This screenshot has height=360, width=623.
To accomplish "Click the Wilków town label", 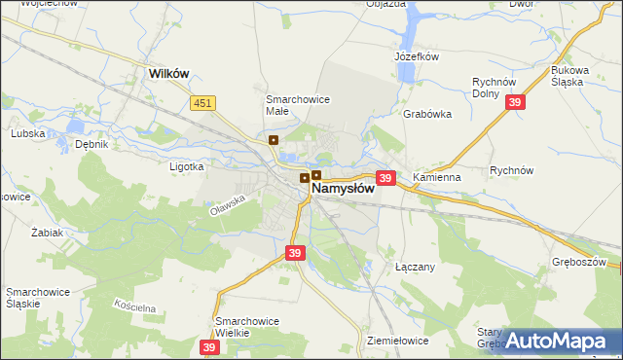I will click(x=167, y=72).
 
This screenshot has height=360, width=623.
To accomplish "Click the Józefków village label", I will click(x=418, y=56).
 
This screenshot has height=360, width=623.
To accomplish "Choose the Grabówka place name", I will click(x=427, y=113).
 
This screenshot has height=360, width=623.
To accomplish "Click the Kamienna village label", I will click(x=436, y=179).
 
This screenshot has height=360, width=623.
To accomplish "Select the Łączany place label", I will click(x=415, y=266).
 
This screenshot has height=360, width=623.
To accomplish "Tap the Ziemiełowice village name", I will click(x=398, y=341).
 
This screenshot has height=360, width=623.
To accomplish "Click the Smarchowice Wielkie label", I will click(x=247, y=327).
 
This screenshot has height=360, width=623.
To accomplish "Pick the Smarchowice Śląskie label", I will click(x=36, y=298).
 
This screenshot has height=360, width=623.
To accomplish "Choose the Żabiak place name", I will click(x=47, y=234).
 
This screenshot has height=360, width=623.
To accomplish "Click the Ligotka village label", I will click(x=186, y=166).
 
